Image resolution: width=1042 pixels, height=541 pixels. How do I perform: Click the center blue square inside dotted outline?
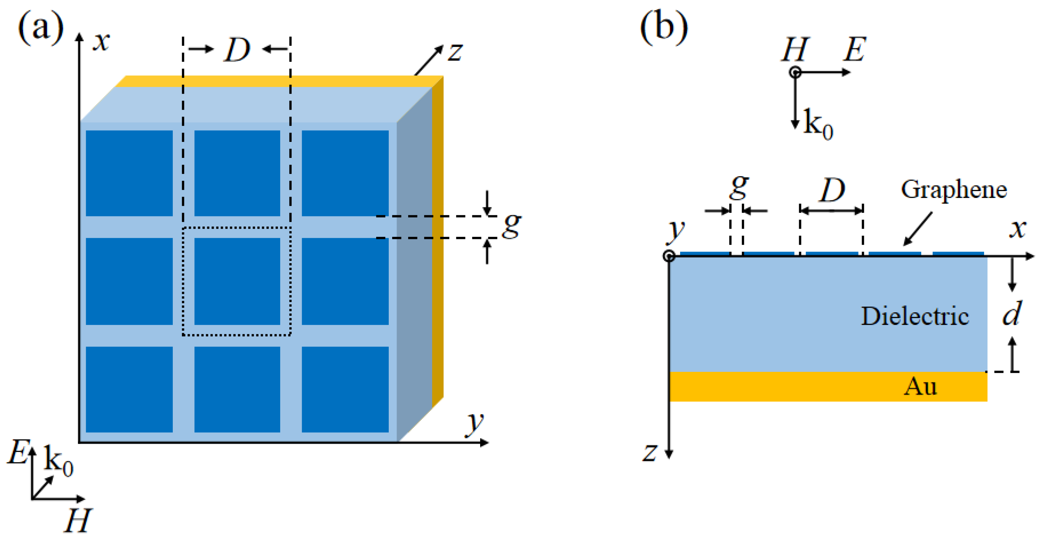pyautogui.click(x=237, y=281)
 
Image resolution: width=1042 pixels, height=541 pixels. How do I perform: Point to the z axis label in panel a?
pyautogui.click(x=455, y=53)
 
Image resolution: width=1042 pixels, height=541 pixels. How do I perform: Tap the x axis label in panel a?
pyautogui.click(x=101, y=42)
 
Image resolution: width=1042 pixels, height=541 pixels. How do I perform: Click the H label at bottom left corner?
pyautogui.click(x=77, y=521)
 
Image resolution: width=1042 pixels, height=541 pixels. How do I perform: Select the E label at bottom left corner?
pyautogui.click(x=18, y=452)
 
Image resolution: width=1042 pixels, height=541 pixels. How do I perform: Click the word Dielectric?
pyautogui.click(x=915, y=316)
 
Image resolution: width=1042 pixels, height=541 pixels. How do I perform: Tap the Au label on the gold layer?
pyautogui.click(x=920, y=386)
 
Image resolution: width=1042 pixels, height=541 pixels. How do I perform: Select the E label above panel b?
pyautogui.click(x=854, y=50)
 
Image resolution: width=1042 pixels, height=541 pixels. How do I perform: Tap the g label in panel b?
pyautogui.click(x=739, y=187)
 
